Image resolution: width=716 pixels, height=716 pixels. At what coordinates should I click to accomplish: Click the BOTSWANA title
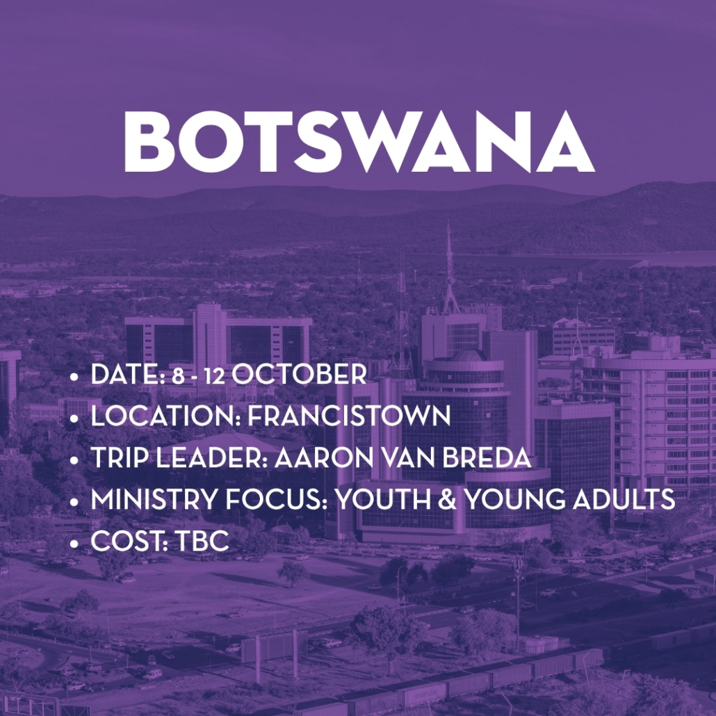(359, 142)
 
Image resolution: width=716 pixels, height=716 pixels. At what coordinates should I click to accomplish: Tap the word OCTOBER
(299, 375)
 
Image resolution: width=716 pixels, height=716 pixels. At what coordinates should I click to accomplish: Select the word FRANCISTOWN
(350, 416)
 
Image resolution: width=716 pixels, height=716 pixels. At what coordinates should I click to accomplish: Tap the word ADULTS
(624, 499)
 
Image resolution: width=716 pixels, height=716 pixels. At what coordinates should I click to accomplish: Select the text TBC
(202, 541)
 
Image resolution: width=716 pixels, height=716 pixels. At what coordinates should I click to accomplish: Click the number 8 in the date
(178, 376)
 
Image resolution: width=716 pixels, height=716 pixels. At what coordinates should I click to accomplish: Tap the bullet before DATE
(74, 377)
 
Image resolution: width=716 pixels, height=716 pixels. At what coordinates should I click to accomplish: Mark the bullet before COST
(74, 544)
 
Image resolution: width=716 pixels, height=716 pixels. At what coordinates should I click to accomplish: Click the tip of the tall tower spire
(449, 222)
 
